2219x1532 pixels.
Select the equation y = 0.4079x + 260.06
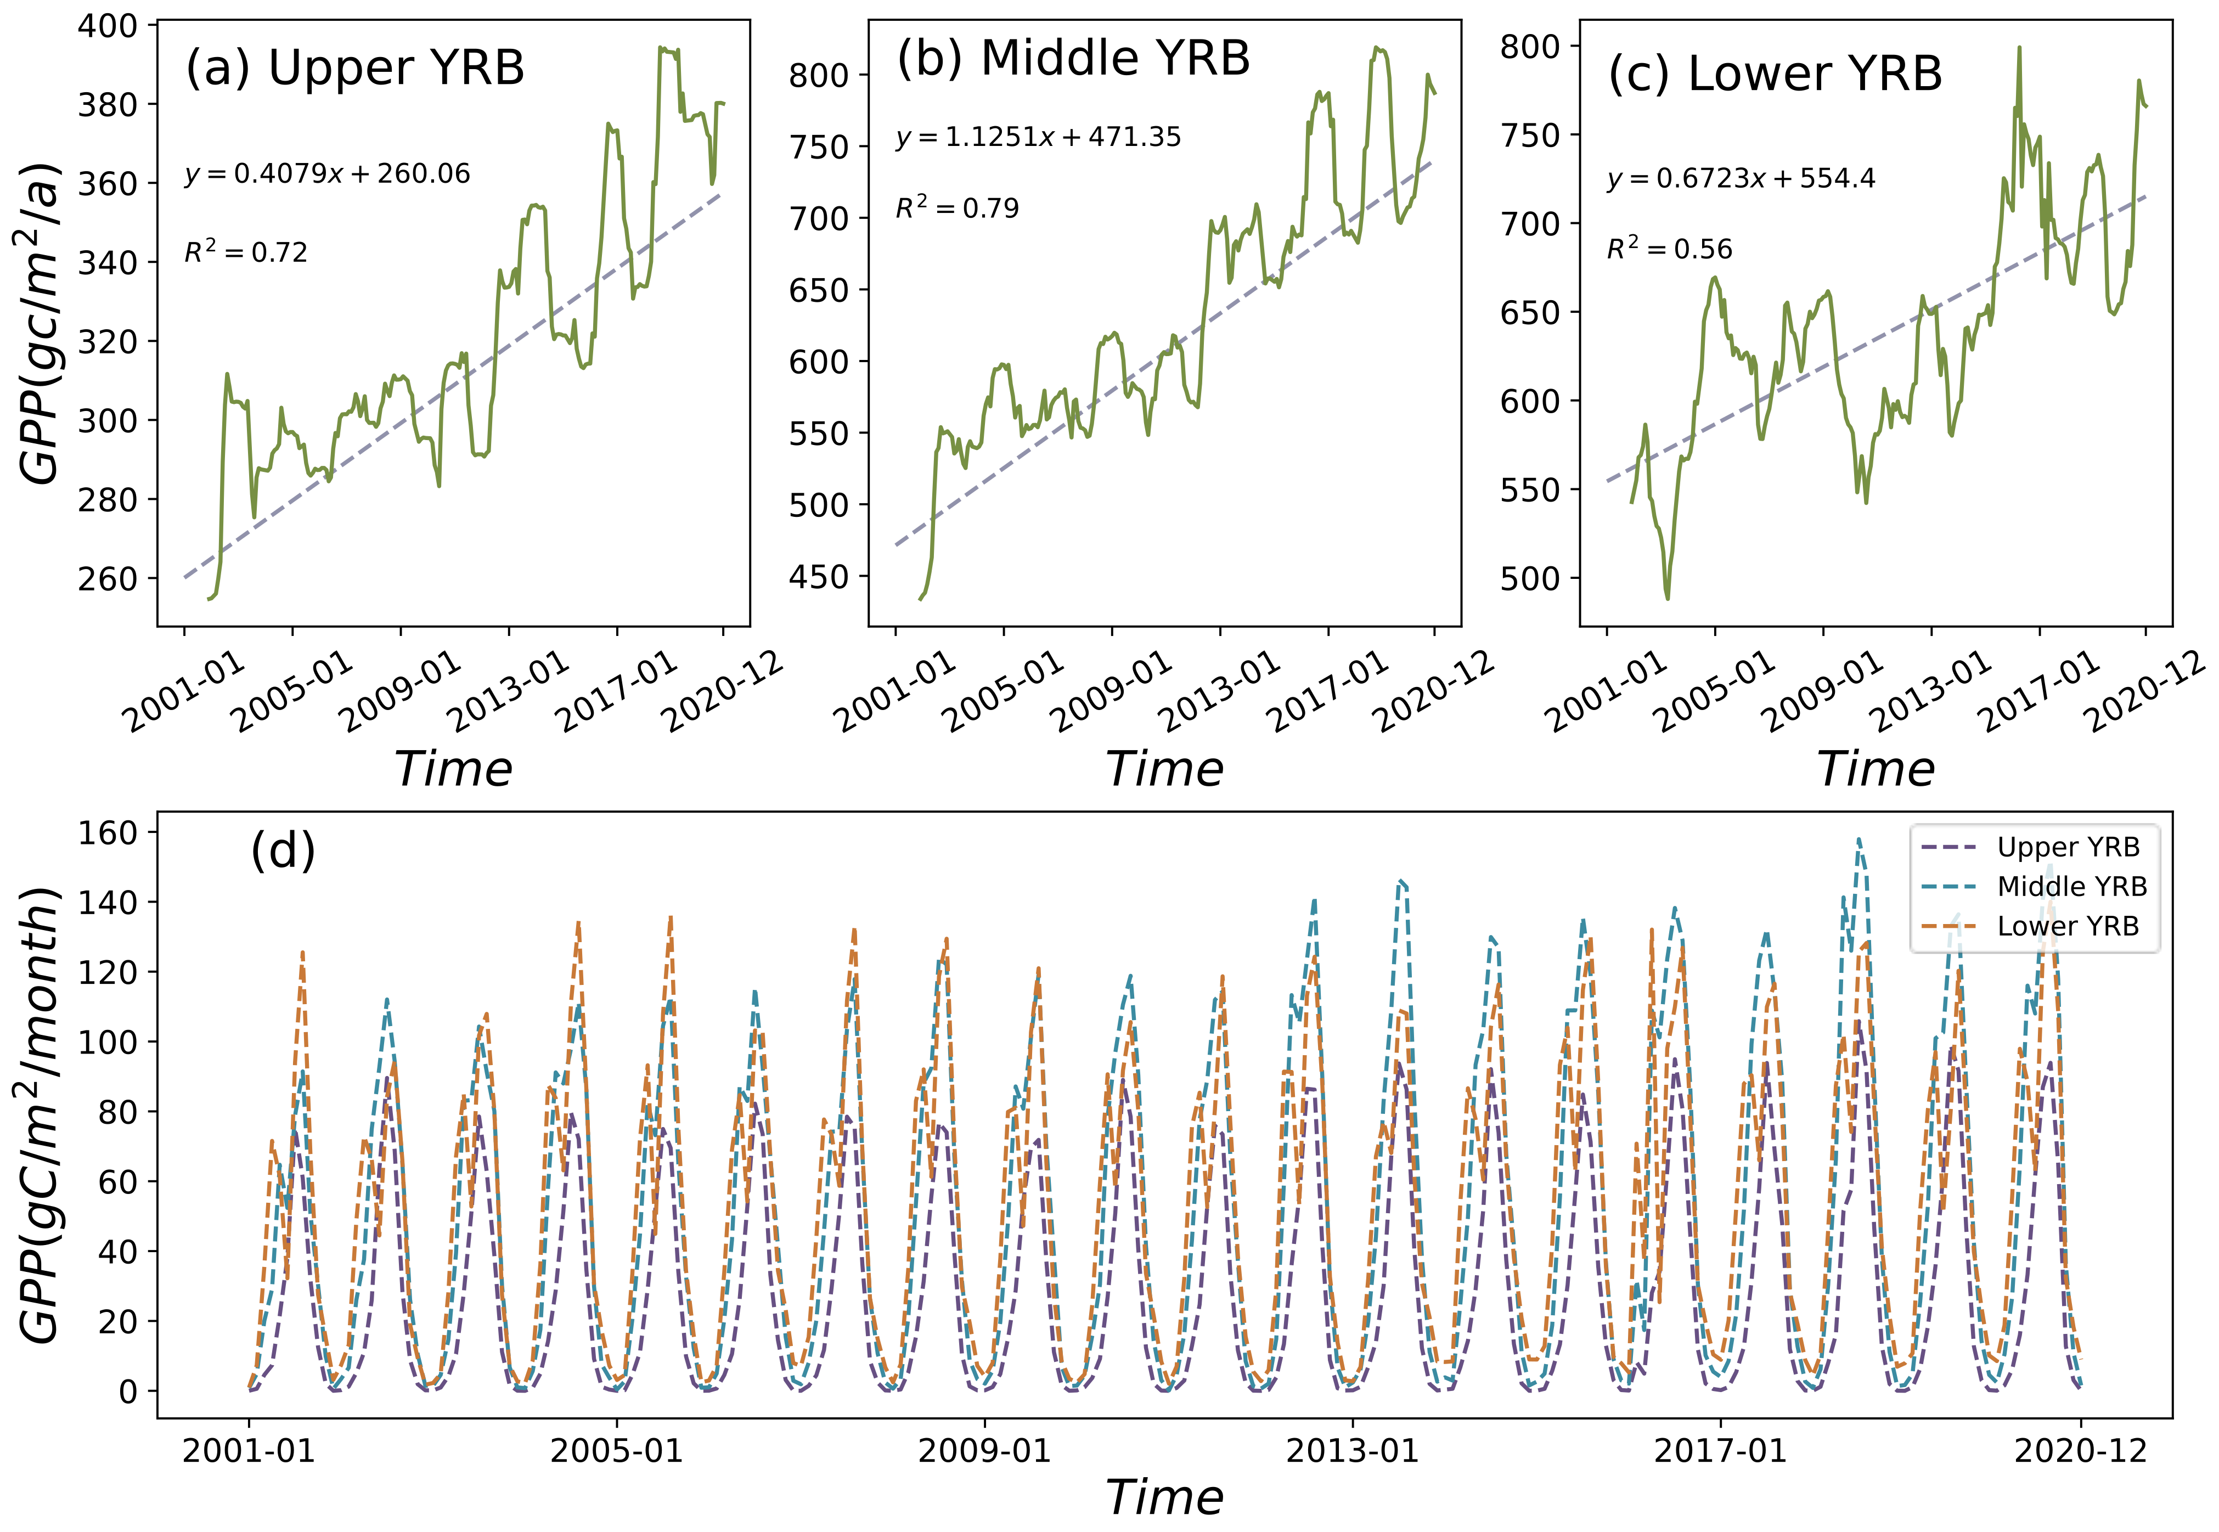pyautogui.click(x=327, y=174)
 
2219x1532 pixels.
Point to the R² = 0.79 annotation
pyautogui.click(x=957, y=207)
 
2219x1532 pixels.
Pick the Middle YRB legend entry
pyautogui.click(x=2071, y=886)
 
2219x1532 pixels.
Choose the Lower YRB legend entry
pyautogui.click(x=2068, y=926)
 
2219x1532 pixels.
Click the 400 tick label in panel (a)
pyautogui.click(x=108, y=26)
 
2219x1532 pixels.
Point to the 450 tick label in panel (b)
pyautogui.click(x=819, y=577)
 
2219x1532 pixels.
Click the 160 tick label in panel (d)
pyautogui.click(x=108, y=832)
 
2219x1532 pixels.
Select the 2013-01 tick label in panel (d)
pyautogui.click(x=1353, y=1450)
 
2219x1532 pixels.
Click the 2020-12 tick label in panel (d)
pyautogui.click(x=2080, y=1450)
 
